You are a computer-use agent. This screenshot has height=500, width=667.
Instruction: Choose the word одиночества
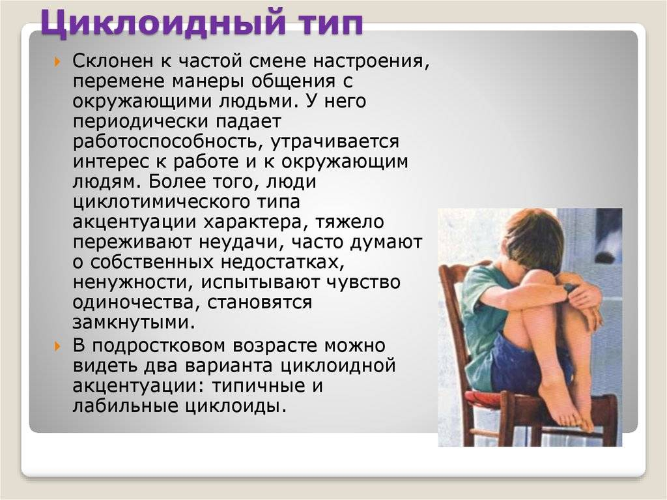pyautogui.click(x=135, y=303)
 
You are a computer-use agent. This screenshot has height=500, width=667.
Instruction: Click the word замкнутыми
pyautogui.click(x=133, y=323)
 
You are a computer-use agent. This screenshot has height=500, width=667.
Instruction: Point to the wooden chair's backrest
pyautogui.click(x=453, y=293)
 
